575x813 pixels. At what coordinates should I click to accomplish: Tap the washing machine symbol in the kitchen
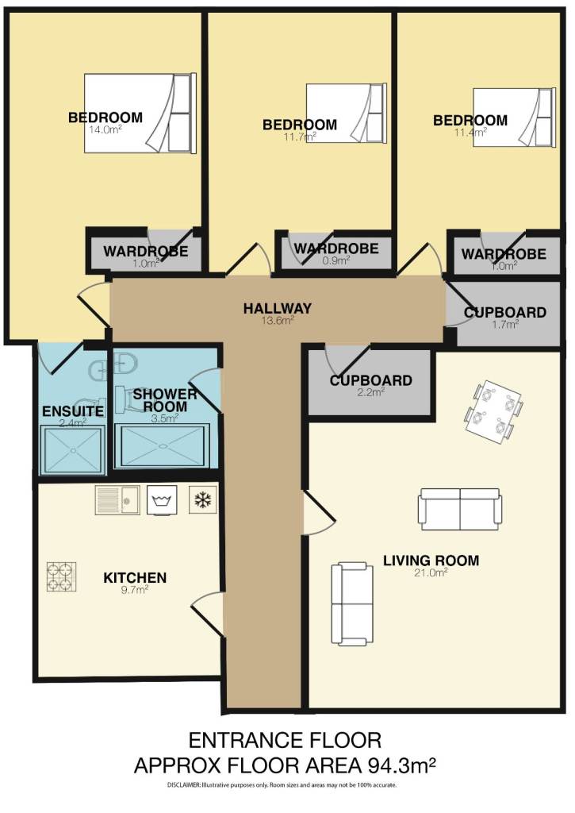163,501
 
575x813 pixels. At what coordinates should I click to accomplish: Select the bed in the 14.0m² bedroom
139,114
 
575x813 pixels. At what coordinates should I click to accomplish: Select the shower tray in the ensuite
72,450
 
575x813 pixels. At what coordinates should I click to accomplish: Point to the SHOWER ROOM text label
164,400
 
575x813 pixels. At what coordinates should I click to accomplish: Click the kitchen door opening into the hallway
205,612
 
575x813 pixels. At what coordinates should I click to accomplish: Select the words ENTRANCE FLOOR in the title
285,741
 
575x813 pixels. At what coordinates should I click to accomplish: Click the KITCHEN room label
135,577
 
